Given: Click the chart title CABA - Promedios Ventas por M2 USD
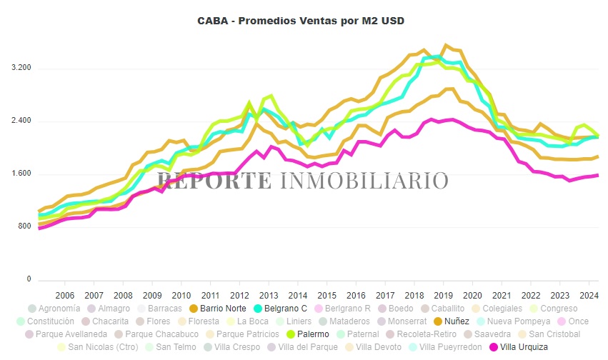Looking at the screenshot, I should pyautogui.click(x=301, y=21).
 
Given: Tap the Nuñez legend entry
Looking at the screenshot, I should pyautogui.click(x=451, y=321).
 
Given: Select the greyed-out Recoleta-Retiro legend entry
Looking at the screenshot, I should pyautogui.click(x=418, y=334).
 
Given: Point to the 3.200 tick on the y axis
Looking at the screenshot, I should pyautogui.click(x=21, y=68).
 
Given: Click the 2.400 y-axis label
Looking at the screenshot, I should pyautogui.click(x=21, y=121).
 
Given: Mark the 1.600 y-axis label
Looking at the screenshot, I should pyautogui.click(x=21, y=174).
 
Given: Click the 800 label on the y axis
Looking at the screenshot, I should pyautogui.click(x=24, y=226).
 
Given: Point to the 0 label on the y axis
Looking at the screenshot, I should pyautogui.click(x=29, y=279).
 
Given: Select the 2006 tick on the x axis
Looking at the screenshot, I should pyautogui.click(x=65, y=295).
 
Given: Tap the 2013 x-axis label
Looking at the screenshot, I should pyautogui.click(x=269, y=295).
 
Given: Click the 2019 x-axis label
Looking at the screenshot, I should pyautogui.click(x=443, y=295).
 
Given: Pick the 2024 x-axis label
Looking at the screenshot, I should pyautogui.click(x=588, y=295).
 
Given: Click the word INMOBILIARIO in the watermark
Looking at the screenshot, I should pyautogui.click(x=364, y=181).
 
